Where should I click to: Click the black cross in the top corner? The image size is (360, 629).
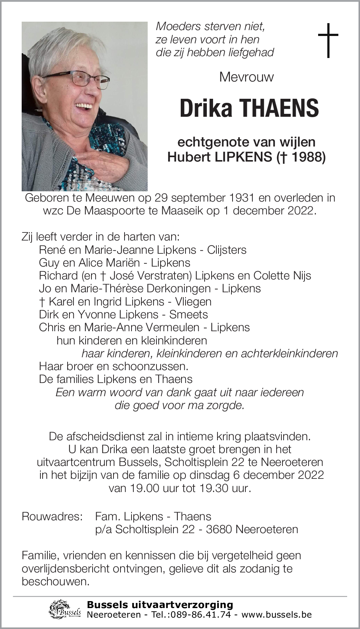[x=328, y=40]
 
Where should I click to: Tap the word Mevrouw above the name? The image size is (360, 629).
[x=246, y=77]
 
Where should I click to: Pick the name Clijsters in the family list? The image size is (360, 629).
[x=227, y=250]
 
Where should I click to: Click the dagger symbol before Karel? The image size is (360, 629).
[x=42, y=301]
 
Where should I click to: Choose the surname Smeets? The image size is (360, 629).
[x=188, y=314]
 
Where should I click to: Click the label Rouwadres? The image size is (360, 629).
[x=52, y=516]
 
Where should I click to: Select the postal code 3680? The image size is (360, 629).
[x=219, y=529]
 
